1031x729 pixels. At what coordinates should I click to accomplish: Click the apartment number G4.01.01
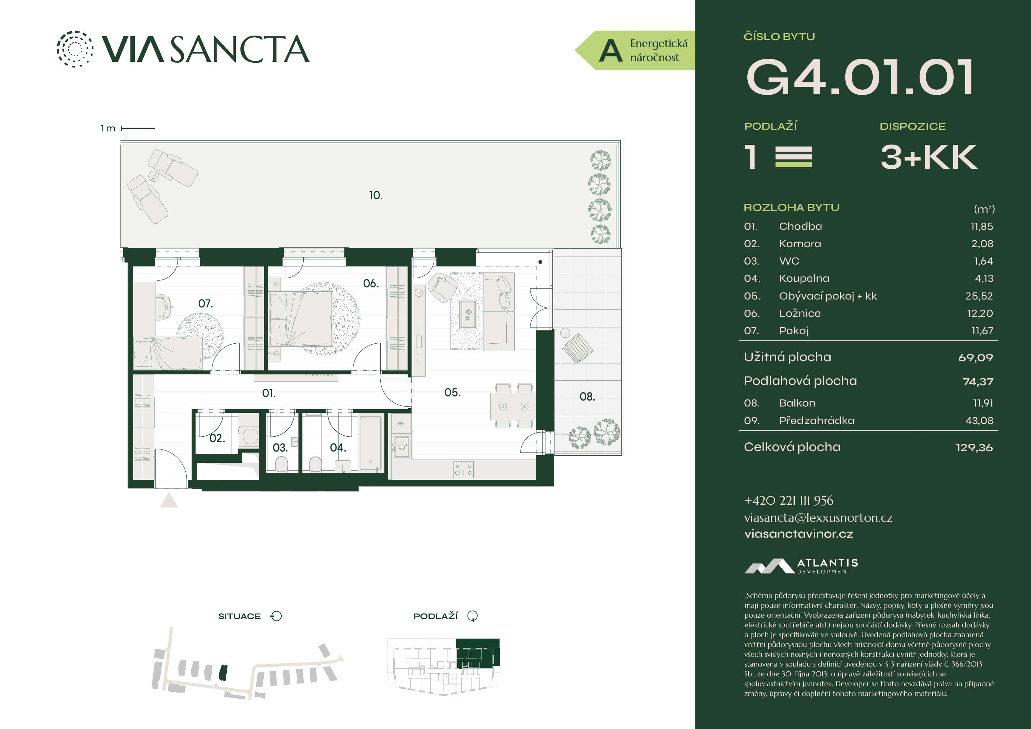[x=859, y=77]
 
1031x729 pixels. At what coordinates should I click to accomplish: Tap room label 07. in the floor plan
[x=205, y=304]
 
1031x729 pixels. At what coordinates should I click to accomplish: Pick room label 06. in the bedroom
[x=370, y=283]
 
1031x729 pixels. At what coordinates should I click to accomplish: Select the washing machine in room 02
[x=250, y=436]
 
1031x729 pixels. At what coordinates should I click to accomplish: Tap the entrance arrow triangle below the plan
[x=169, y=500]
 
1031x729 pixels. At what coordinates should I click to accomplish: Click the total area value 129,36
[x=974, y=447]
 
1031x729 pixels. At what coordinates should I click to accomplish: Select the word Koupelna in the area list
[x=804, y=278]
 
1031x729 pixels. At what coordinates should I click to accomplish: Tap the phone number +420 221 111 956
[x=789, y=500]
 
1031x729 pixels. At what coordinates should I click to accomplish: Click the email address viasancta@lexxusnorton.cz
[x=818, y=518]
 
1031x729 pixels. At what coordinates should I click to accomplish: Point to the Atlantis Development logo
[x=801, y=566]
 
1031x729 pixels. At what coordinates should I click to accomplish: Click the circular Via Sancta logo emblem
[x=75, y=49]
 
